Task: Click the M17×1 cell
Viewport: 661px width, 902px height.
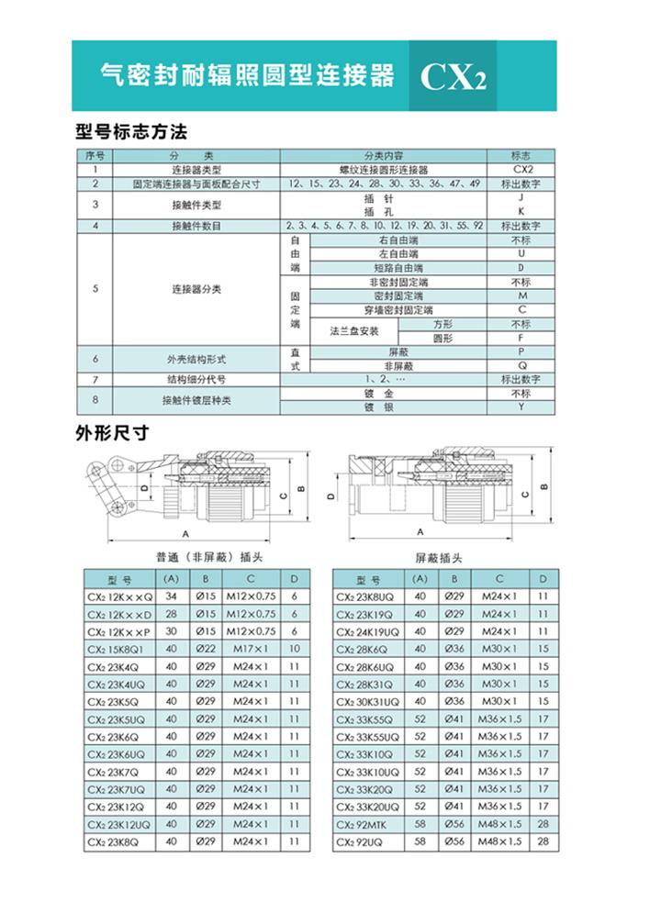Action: click(x=249, y=649)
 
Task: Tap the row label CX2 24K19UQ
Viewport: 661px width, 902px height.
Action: click(x=369, y=631)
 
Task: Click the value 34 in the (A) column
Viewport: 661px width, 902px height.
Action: click(x=171, y=596)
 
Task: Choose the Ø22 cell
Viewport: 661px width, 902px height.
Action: click(x=207, y=649)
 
